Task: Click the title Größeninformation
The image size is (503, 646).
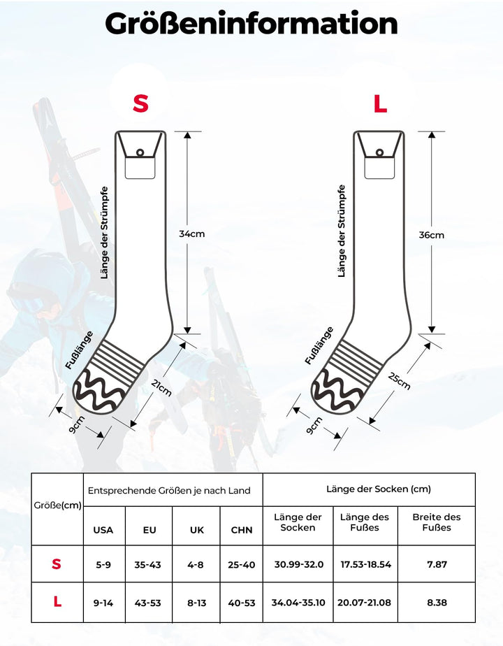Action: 251,24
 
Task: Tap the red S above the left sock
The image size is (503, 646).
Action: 140,103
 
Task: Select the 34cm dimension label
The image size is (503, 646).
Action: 192,234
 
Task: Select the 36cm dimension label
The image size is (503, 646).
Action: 431,235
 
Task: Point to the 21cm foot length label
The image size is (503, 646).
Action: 161,388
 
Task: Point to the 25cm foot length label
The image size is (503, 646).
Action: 400,380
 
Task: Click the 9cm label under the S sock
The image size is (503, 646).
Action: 77,424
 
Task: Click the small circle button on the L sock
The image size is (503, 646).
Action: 379,153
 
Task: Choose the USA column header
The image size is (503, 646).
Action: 103,530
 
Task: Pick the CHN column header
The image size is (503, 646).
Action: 242,530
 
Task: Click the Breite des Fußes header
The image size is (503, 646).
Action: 437,522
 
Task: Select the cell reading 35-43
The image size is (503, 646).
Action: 148,564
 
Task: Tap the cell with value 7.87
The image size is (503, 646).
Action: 437,564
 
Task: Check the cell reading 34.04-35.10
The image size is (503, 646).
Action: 298,603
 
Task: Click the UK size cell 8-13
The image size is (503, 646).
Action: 197,603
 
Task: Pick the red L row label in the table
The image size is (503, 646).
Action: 57,602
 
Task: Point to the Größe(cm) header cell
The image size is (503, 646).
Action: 57,505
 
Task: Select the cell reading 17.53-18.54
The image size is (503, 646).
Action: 366,564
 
